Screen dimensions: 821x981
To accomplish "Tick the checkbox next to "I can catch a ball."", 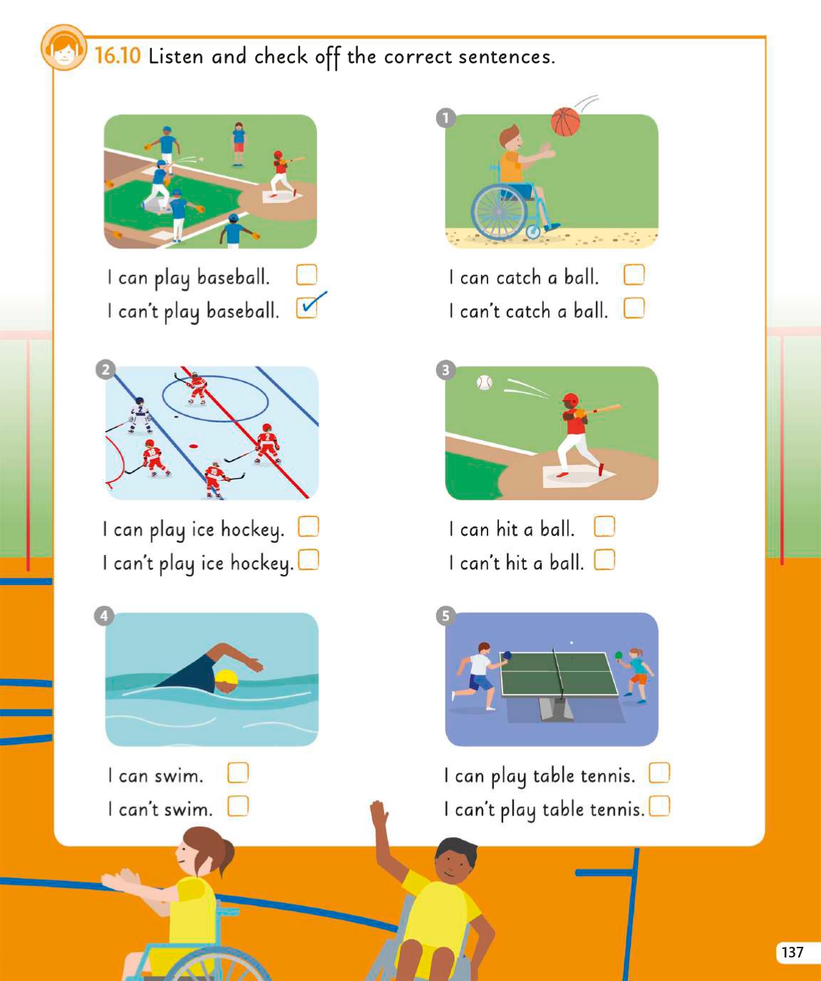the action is coord(634,275).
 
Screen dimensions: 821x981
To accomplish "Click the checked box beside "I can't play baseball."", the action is coord(306,308).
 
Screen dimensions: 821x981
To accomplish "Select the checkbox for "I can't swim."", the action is coord(238,806).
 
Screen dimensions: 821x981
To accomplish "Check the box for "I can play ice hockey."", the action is coord(309,526).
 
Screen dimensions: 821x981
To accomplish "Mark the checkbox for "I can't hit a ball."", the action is coord(604,559).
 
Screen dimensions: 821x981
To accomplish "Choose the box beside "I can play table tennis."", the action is coord(659,773).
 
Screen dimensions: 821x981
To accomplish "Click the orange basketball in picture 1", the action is coord(565,122).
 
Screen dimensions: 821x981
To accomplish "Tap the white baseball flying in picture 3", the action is coord(484,383).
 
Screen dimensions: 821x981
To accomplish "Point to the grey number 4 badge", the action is coord(104,616).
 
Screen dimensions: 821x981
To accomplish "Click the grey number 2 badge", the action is coord(105,370).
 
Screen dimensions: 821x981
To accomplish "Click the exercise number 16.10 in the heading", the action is coord(118,56).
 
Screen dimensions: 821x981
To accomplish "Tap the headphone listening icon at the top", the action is coord(64,48).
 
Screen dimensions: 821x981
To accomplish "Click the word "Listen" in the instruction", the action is coord(176,56).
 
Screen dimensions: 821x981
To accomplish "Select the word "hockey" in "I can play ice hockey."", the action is coord(252,531).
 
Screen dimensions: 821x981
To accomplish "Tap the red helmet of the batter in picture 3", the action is coord(571,401).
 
